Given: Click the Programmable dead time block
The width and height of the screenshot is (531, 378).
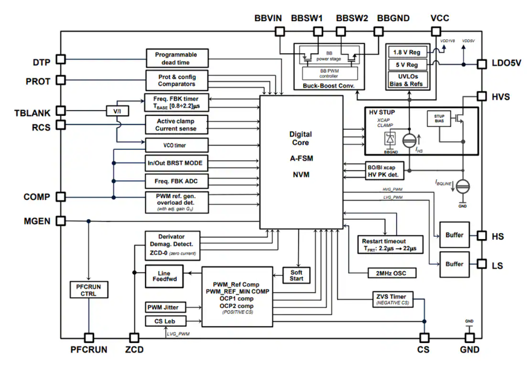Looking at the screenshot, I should (x=176, y=58).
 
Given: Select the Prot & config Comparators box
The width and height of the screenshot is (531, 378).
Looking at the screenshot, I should (x=176, y=80).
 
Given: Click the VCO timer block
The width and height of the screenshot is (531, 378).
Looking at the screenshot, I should (x=176, y=145).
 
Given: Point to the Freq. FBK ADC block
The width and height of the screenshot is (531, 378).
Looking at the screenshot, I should (x=176, y=180).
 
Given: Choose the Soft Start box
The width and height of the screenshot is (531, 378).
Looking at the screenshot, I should (x=296, y=275).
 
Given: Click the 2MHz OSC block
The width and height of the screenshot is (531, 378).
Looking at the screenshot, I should (x=387, y=273).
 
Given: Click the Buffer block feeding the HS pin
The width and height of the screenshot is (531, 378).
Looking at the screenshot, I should (x=454, y=235).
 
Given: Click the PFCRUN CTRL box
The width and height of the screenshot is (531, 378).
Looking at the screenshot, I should (x=89, y=290).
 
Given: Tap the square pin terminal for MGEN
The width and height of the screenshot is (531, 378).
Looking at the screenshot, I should (x=61, y=221).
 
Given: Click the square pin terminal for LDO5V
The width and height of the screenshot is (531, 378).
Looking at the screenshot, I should (x=481, y=63).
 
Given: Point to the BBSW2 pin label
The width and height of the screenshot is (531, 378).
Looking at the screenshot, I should (x=352, y=18).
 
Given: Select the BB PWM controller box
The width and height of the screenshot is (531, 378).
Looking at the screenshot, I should (x=330, y=73).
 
